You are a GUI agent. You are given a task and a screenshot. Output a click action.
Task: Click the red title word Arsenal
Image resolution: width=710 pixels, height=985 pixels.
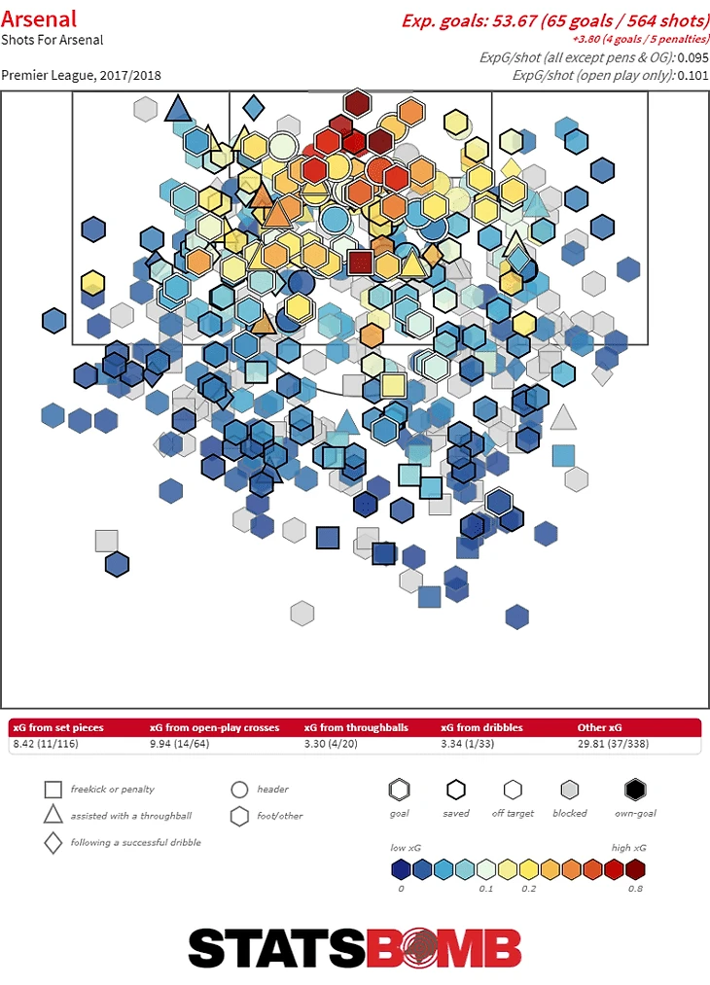[39, 18]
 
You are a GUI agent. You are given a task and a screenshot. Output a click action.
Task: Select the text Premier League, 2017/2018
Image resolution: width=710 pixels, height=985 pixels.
[81, 75]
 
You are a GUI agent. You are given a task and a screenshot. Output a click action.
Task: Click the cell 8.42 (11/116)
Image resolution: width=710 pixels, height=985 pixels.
[47, 744]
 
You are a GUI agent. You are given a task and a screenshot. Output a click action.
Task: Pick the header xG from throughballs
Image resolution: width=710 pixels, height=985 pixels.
[356, 727]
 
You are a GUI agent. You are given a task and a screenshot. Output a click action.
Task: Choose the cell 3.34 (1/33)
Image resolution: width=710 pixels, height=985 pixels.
[471, 744]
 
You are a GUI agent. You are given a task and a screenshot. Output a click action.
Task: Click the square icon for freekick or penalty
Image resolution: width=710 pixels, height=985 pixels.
[53, 790]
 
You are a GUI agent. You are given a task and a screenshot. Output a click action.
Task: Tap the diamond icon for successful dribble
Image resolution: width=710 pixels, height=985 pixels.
[53, 842]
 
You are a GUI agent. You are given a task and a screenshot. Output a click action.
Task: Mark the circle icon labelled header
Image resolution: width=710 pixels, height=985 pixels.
[239, 790]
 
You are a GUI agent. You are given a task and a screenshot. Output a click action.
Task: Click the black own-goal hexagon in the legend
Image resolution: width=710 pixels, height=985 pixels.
[636, 790]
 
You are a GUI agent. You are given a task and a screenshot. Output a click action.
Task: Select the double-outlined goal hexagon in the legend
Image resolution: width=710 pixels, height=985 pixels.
[399, 790]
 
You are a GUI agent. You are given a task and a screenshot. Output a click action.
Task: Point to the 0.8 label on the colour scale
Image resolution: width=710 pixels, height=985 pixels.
[635, 888]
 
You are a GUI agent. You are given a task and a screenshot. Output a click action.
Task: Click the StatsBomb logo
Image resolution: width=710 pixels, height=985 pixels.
[354, 947]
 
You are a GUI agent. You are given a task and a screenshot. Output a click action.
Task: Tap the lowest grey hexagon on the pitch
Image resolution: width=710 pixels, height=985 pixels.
[302, 614]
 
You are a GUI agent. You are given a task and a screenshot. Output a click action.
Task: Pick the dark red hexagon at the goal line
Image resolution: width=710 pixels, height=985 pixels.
[358, 102]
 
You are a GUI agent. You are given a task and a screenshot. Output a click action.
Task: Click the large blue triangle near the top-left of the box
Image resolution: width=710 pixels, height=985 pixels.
[178, 107]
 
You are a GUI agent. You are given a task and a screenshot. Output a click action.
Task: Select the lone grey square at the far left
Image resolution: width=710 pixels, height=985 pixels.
[106, 542]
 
